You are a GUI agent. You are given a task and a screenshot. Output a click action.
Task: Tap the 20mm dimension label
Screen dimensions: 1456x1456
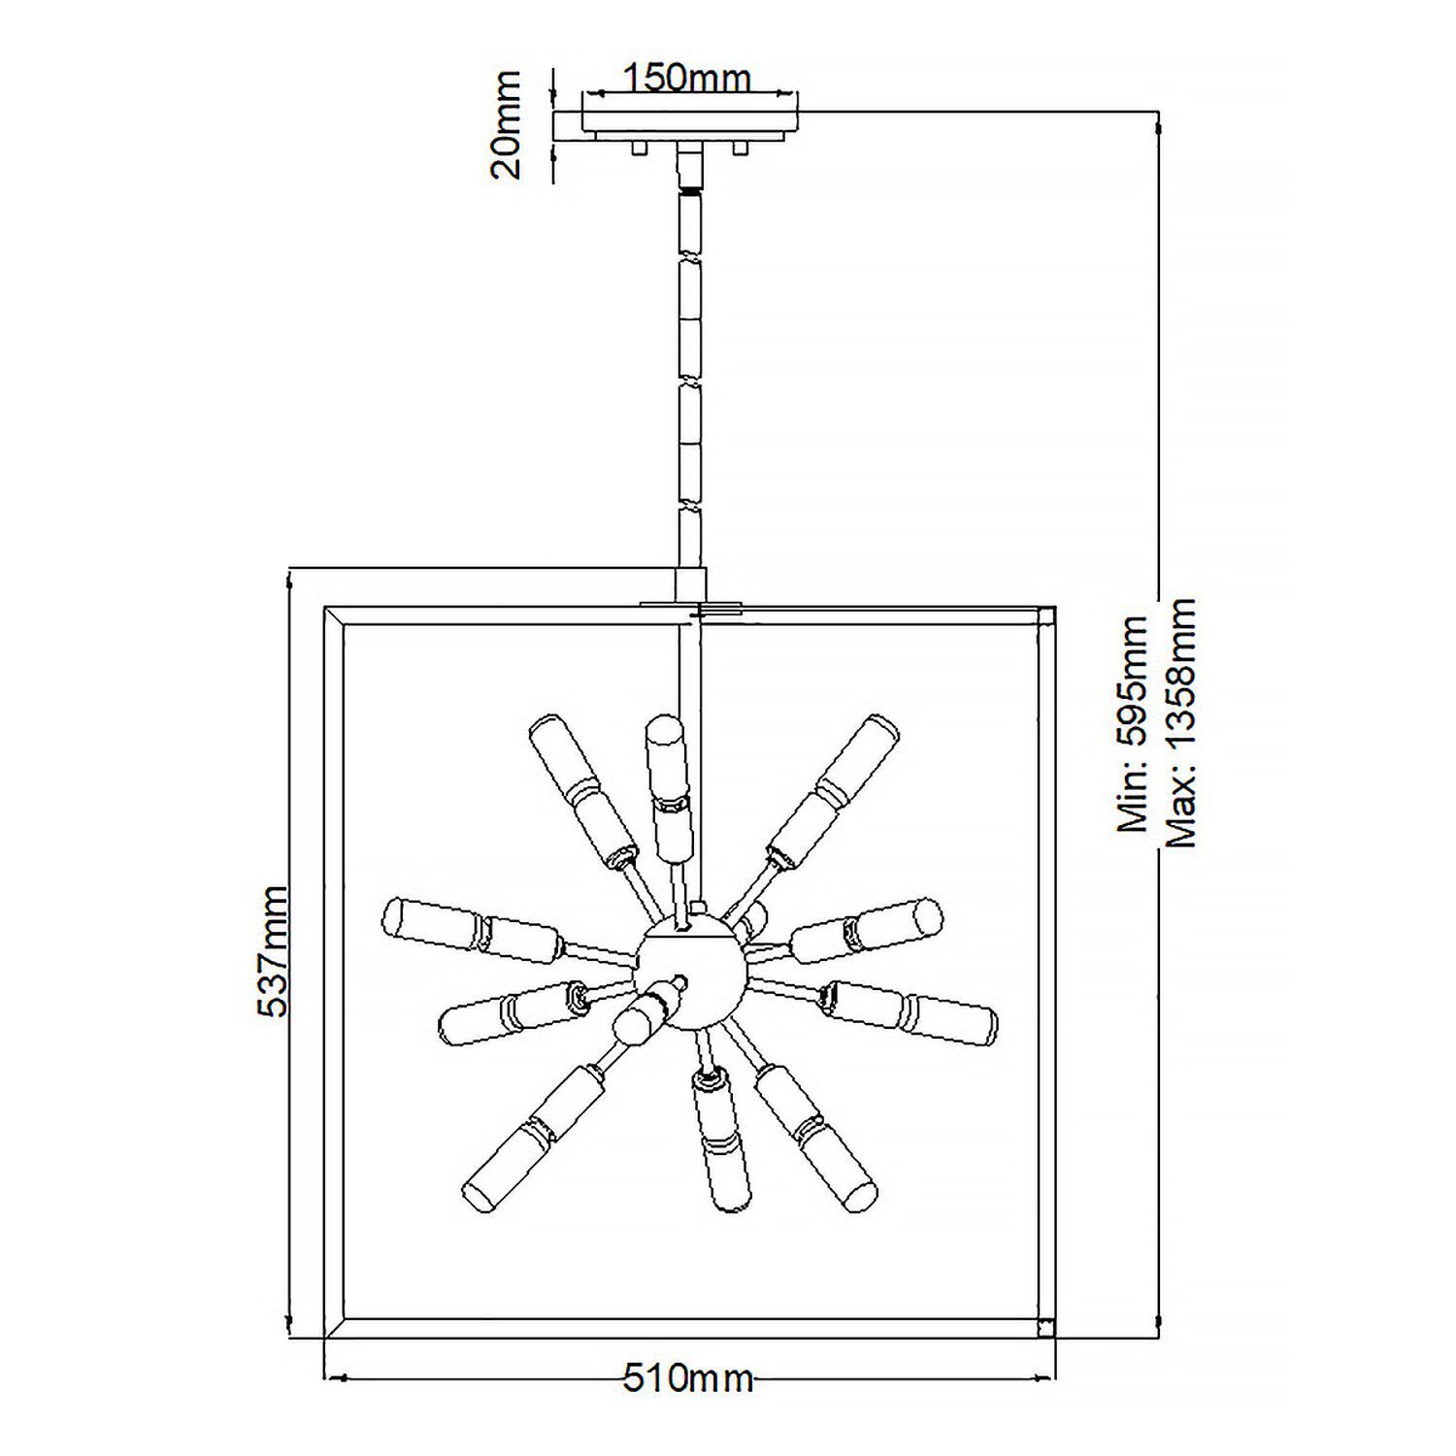pyautogui.click(x=507, y=124)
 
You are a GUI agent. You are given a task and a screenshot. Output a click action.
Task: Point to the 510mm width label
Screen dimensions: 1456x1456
pyautogui.click(x=687, y=1378)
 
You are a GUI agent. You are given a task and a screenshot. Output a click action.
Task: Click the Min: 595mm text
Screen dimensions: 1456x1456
pyautogui.click(x=1133, y=723)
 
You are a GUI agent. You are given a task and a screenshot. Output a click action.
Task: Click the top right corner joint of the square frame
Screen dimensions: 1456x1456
pyautogui.click(x=1046, y=616)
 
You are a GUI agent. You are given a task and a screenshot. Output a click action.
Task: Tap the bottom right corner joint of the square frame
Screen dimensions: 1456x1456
pyautogui.click(x=1046, y=1328)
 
